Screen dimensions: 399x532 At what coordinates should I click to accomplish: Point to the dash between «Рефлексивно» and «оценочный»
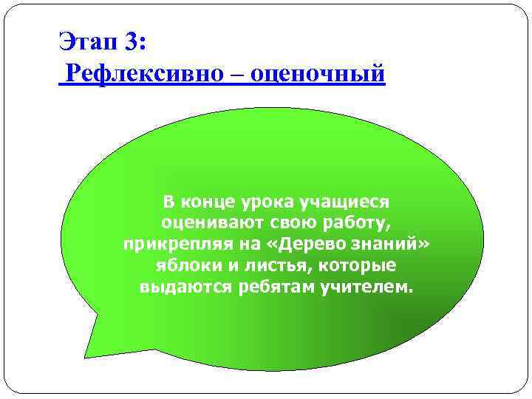coord(231,74)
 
